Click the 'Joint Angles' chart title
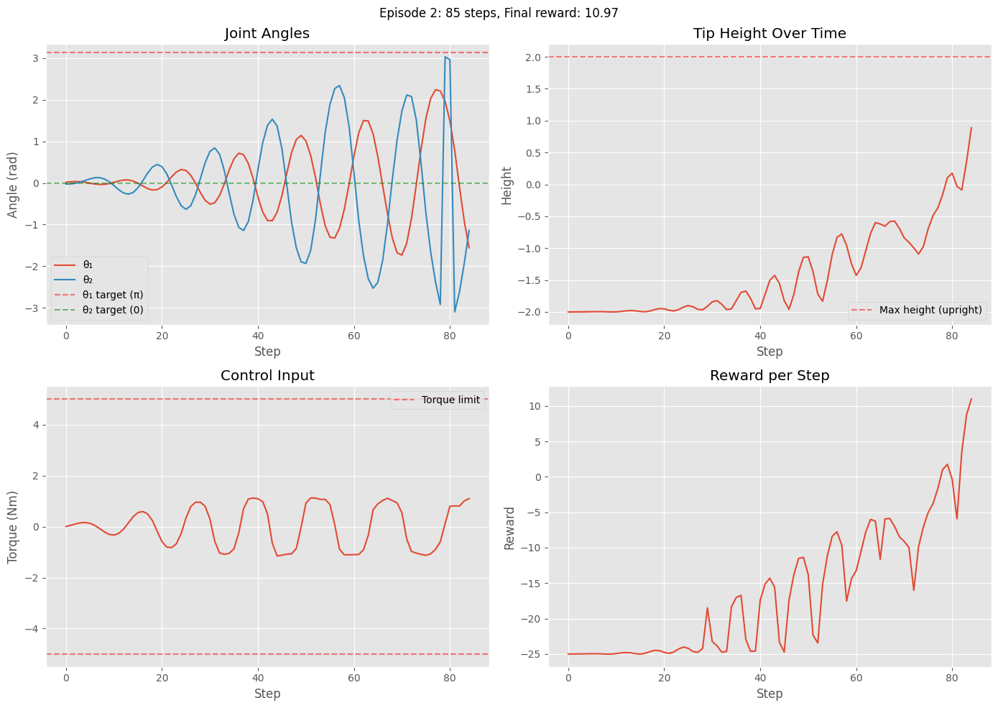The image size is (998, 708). (x=267, y=34)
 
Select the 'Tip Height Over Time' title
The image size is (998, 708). (x=770, y=34)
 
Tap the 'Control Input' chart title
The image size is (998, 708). (x=267, y=376)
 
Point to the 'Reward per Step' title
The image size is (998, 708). (x=770, y=376)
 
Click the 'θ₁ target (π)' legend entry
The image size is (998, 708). (x=113, y=295)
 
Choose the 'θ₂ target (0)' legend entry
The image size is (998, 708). (x=113, y=311)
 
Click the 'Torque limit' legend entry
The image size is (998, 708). (x=451, y=400)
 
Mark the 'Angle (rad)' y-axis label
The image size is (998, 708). (x=13, y=185)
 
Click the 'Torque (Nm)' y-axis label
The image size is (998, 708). (x=13, y=527)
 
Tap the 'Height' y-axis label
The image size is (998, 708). (x=507, y=185)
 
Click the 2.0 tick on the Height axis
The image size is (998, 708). (x=532, y=58)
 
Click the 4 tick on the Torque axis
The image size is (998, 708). (x=34, y=426)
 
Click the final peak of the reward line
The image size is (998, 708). (x=971, y=399)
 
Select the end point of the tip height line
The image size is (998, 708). (x=971, y=128)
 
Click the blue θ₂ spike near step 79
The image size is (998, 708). (x=445, y=57)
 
